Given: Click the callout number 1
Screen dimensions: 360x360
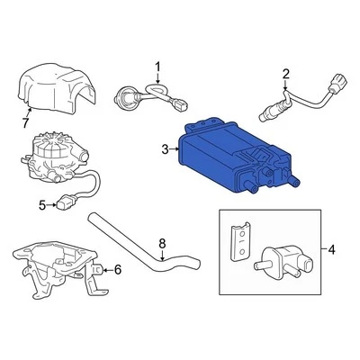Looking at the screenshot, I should pyautogui.click(x=157, y=66).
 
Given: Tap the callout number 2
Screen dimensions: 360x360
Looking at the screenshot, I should pyautogui.click(x=286, y=74).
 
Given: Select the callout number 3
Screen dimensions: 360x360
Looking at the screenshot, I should pyautogui.click(x=164, y=150).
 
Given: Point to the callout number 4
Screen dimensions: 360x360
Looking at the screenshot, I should pyautogui.click(x=333, y=249).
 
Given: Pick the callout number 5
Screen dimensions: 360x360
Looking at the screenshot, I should pyautogui.click(x=41, y=205).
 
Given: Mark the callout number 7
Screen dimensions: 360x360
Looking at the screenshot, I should pyautogui.click(x=24, y=122).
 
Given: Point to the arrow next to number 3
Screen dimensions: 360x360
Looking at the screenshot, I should pyautogui.click(x=175, y=150).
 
